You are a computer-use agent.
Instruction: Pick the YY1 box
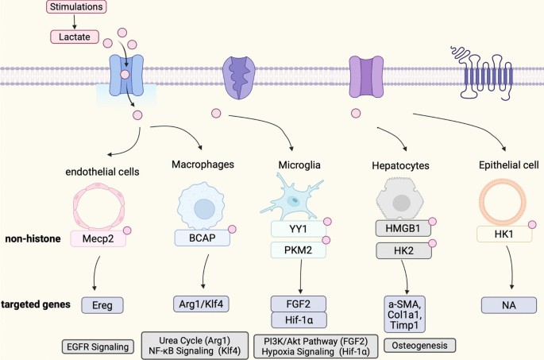(295, 230)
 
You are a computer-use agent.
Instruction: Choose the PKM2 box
(295, 250)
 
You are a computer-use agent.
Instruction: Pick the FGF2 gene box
(296, 303)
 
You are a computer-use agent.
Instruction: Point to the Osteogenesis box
(420, 345)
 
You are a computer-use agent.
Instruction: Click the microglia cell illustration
(295, 195)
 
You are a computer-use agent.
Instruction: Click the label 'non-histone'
(33, 236)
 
